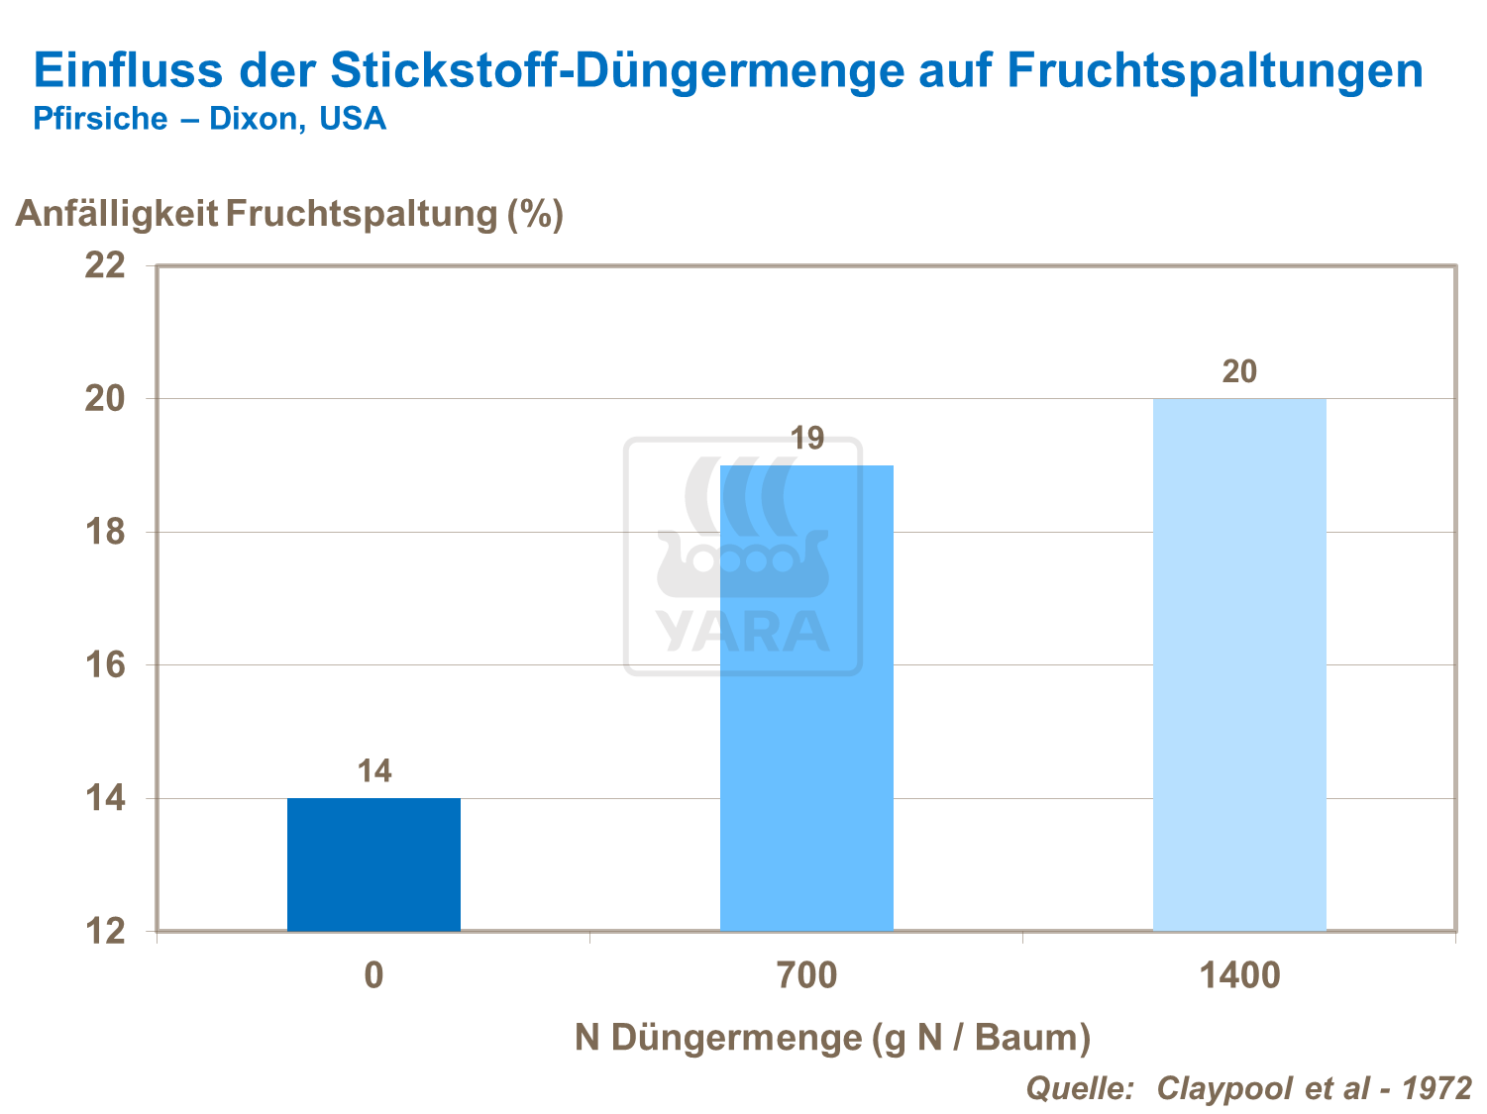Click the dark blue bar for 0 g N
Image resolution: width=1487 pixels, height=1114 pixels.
(373, 864)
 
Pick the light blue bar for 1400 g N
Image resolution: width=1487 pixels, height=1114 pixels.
(1239, 664)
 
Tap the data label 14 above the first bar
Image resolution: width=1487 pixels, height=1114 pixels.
(374, 770)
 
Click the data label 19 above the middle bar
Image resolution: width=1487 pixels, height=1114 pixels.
(806, 438)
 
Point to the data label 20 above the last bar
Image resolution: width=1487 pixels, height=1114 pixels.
(1239, 371)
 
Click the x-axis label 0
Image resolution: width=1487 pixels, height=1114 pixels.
(373, 976)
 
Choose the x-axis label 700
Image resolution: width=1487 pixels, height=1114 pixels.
(806, 976)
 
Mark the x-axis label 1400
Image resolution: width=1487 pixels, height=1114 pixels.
(1239, 976)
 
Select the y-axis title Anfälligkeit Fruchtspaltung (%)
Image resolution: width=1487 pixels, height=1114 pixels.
(289, 213)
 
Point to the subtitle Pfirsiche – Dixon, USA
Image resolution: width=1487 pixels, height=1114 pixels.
(209, 119)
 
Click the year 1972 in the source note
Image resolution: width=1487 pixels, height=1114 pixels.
(1437, 1087)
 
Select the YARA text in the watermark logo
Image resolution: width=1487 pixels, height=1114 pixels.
(743, 632)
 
